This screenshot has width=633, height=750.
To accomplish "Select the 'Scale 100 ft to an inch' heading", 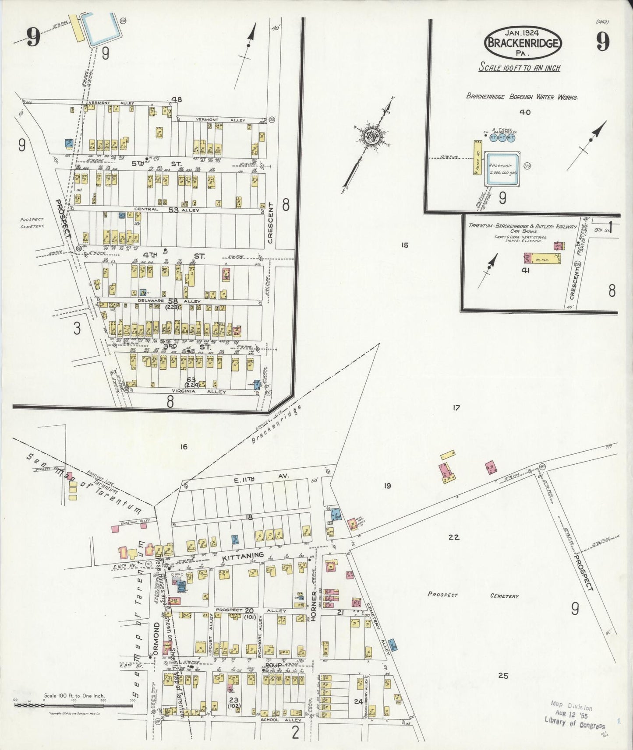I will point(519,68).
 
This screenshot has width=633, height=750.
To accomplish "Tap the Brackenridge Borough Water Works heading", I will point(522,97).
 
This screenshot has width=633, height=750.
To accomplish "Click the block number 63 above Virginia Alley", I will point(191,379).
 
